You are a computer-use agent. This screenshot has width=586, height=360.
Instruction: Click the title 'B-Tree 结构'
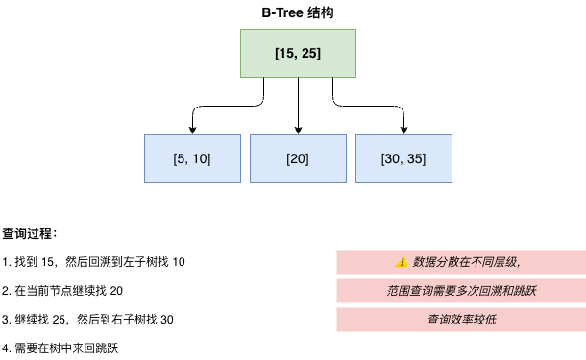coord(298,12)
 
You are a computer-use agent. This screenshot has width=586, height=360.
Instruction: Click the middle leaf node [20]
coord(298,158)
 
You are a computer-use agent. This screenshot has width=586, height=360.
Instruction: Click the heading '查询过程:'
coord(30,233)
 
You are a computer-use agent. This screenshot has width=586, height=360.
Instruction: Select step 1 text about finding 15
coord(94,262)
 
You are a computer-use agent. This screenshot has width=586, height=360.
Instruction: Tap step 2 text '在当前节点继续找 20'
coord(62,291)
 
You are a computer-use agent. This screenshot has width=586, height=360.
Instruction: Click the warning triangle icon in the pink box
coord(402,262)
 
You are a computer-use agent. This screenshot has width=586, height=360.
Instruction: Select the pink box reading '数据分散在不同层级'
coord(461,262)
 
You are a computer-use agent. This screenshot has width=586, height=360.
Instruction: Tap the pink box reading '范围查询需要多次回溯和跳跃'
coord(461,291)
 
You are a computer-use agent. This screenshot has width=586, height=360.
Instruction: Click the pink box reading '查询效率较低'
coord(461,320)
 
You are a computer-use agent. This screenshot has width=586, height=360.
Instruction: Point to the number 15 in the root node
coord(285,53)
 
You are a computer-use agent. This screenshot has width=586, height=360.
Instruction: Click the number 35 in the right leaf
coord(416,158)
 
